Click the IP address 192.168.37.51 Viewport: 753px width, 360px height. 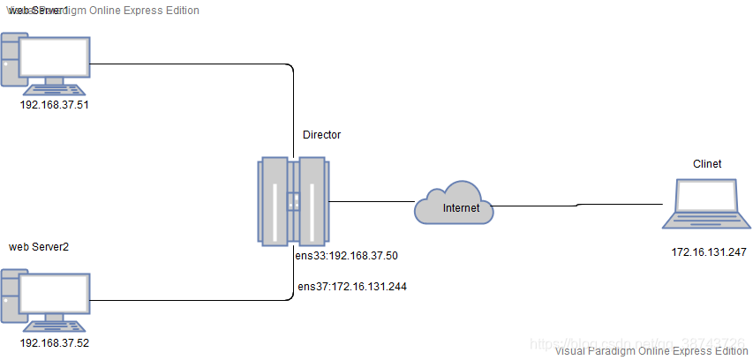click(x=55, y=104)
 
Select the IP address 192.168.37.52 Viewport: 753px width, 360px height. click(x=55, y=342)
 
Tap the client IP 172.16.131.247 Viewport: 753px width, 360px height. click(x=709, y=252)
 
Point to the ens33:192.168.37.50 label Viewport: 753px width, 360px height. click(x=347, y=255)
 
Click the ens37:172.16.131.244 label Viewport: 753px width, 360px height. click(x=351, y=286)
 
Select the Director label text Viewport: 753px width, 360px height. click(x=321, y=135)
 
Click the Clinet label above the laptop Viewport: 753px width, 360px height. click(x=707, y=164)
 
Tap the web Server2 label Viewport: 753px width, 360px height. click(x=39, y=246)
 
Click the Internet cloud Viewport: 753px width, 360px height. click(x=453, y=205)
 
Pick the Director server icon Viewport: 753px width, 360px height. click(x=293, y=203)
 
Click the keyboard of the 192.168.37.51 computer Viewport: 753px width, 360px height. click(x=55, y=88)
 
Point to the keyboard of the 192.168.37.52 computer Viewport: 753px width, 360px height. click(x=55, y=326)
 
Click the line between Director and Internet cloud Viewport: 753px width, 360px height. click(x=371, y=203)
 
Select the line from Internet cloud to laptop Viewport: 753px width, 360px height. click(x=578, y=205)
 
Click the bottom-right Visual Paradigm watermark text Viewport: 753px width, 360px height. click(x=651, y=350)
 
